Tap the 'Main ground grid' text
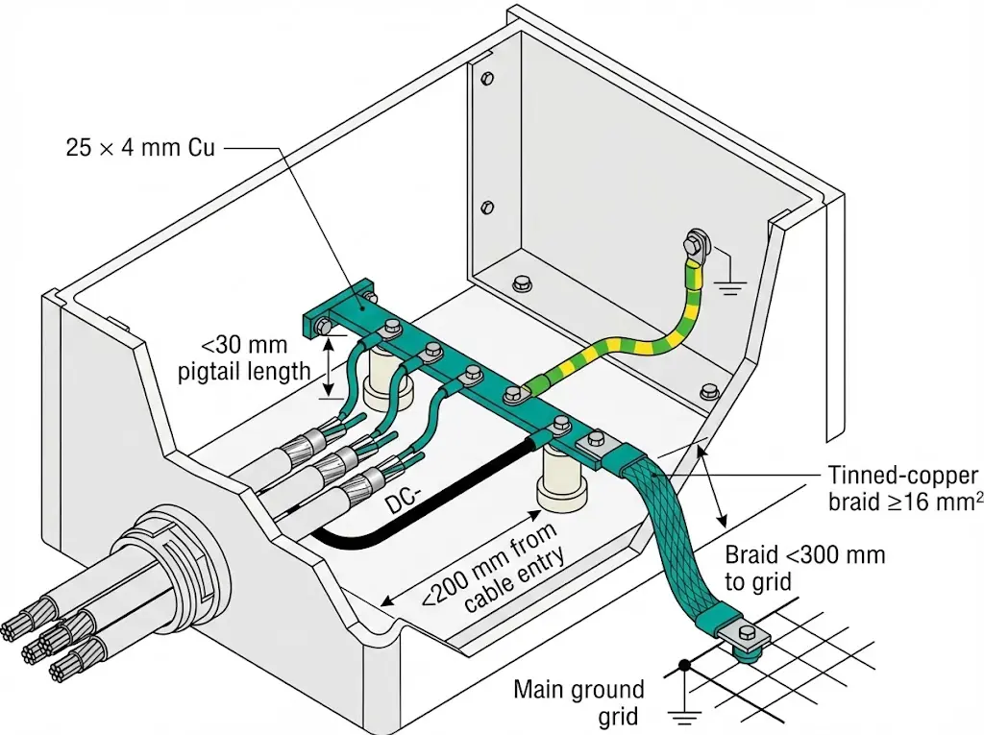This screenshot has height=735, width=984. [578, 702]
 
